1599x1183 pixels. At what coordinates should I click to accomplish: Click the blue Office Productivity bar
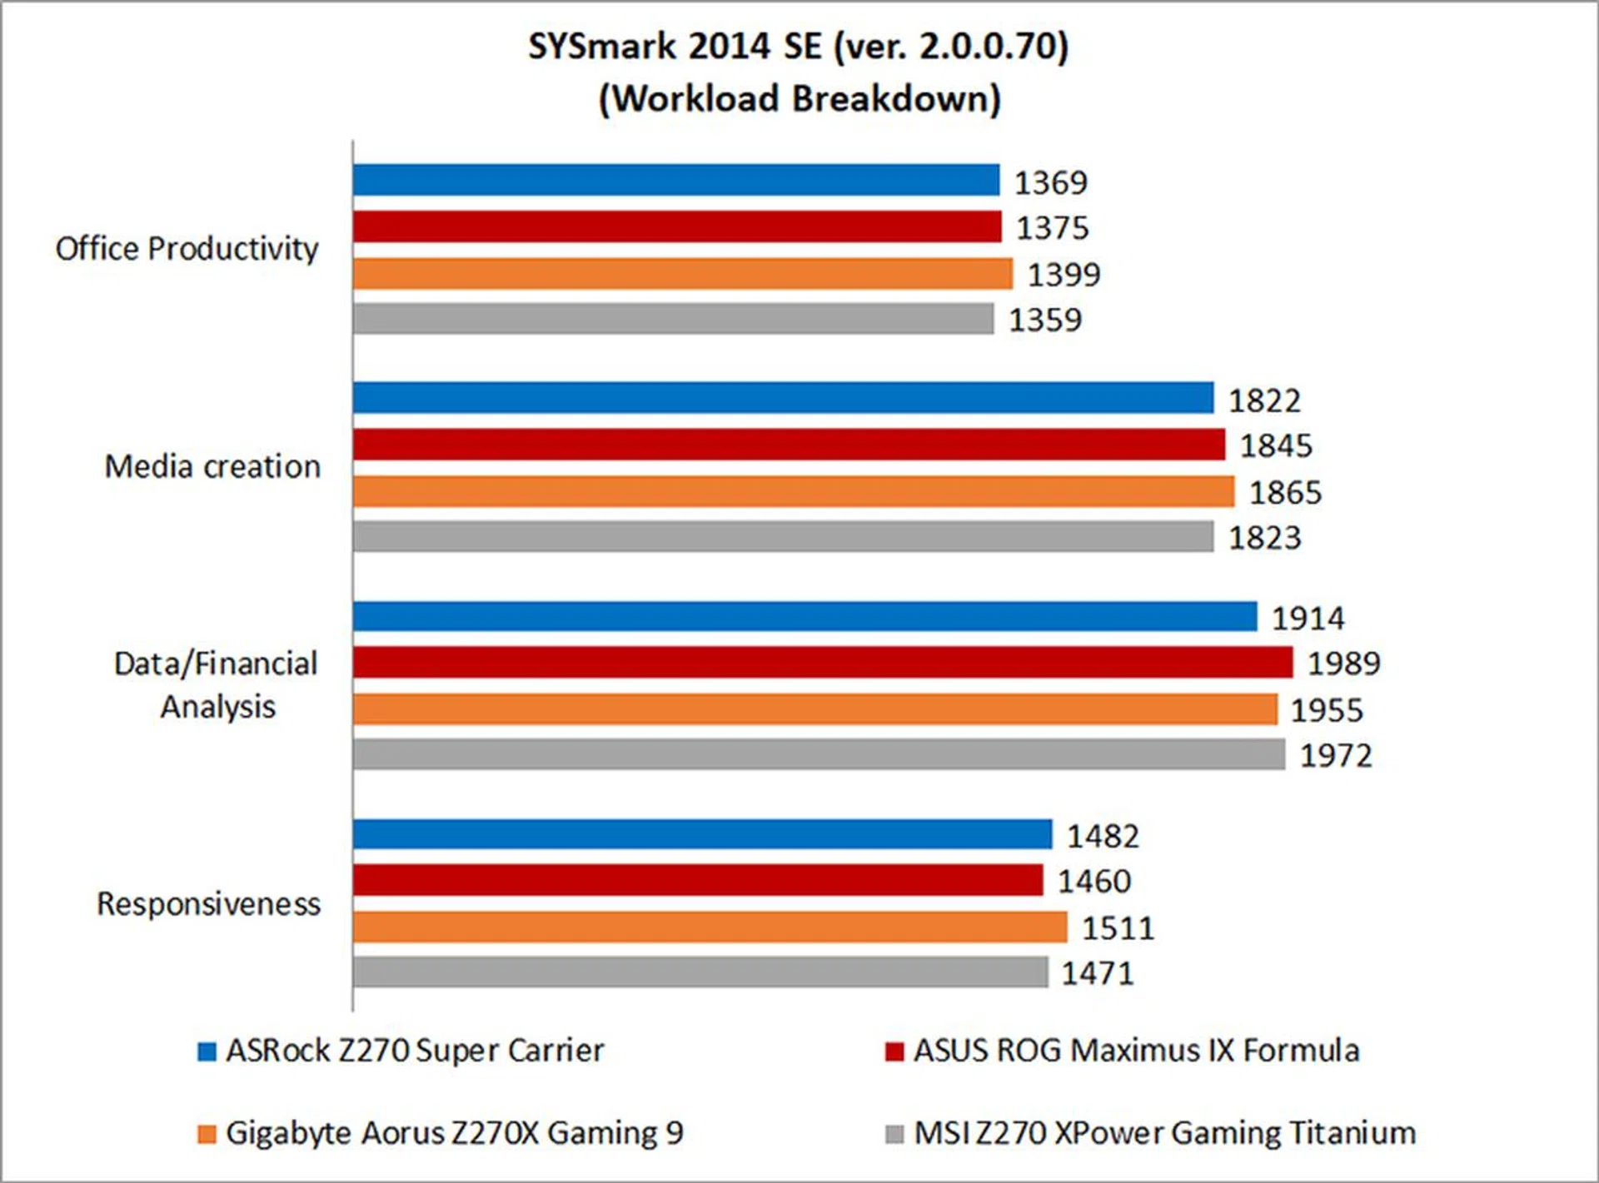[675, 181]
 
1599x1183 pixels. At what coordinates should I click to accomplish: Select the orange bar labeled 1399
[682, 274]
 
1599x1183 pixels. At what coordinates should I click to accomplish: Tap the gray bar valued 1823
[783, 537]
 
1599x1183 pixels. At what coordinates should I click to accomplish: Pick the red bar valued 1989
[823, 663]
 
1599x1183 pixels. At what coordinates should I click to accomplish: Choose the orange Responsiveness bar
[710, 927]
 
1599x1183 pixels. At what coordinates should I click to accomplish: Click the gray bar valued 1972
[819, 755]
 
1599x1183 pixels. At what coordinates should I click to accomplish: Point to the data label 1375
[1052, 228]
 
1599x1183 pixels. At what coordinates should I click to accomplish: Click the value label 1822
[1264, 401]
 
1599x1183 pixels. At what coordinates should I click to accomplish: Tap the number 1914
[1308, 619]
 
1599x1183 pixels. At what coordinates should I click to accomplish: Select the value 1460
[1094, 882]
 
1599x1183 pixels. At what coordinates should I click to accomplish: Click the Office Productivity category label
[187, 249]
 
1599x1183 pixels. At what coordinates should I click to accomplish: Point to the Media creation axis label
[212, 467]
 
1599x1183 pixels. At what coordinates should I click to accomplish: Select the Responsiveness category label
[209, 904]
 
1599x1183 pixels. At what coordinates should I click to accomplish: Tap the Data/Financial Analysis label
[217, 685]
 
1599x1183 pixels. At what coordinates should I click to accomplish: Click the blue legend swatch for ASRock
[207, 1051]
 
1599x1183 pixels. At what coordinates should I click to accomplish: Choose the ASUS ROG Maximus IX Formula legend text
[1136, 1051]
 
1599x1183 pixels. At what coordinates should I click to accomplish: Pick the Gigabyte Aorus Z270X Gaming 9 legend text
[455, 1134]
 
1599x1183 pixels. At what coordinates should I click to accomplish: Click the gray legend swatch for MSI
[894, 1134]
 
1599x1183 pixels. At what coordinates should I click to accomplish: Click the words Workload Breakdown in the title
[799, 99]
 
